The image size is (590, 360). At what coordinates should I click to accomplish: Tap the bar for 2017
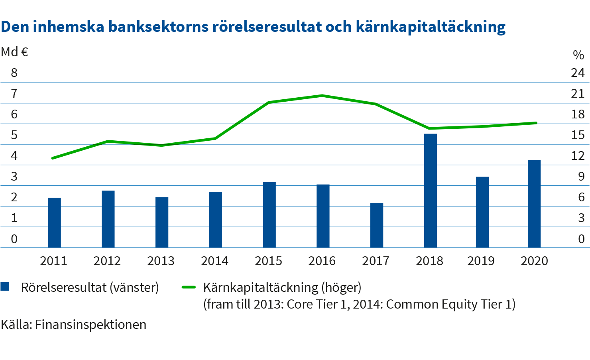click(x=377, y=225)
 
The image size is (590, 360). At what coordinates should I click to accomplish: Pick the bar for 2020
click(x=534, y=204)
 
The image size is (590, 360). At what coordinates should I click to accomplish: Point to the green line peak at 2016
click(x=322, y=96)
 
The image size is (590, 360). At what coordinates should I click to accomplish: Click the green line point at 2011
click(x=53, y=158)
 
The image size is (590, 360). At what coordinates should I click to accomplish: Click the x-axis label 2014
click(x=214, y=261)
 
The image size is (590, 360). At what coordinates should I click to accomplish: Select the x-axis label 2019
click(x=481, y=261)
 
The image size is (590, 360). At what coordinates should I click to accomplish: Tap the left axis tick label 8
click(x=14, y=73)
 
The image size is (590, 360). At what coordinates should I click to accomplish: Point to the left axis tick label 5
click(x=14, y=135)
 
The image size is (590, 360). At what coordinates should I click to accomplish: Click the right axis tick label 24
click(x=578, y=73)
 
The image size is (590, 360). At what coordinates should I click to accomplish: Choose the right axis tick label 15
click(x=578, y=135)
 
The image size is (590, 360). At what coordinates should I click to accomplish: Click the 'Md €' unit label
click(x=15, y=52)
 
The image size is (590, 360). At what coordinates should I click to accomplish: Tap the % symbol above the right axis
click(x=578, y=55)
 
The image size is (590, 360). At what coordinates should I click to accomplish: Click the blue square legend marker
click(x=5, y=287)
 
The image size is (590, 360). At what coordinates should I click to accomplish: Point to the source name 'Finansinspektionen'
click(x=90, y=325)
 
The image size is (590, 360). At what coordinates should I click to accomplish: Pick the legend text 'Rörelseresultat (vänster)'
click(x=90, y=287)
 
